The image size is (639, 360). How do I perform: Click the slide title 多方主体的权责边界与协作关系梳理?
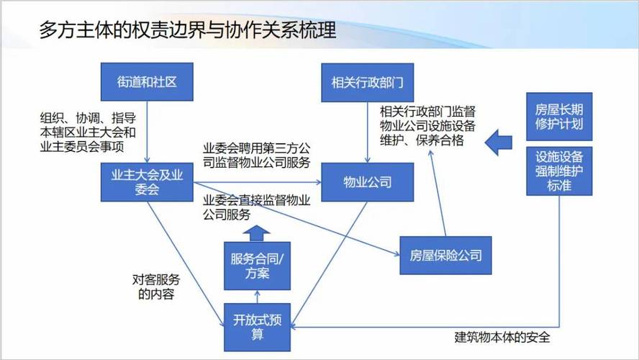187,31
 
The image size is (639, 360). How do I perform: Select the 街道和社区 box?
147,81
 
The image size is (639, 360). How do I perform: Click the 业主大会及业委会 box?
147,181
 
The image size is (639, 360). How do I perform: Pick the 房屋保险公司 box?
445,256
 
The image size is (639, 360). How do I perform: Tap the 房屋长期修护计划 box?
559,117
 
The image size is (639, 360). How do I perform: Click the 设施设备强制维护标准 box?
559,172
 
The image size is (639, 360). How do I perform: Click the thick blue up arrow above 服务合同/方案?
257,233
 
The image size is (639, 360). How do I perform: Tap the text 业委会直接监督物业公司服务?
257,207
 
